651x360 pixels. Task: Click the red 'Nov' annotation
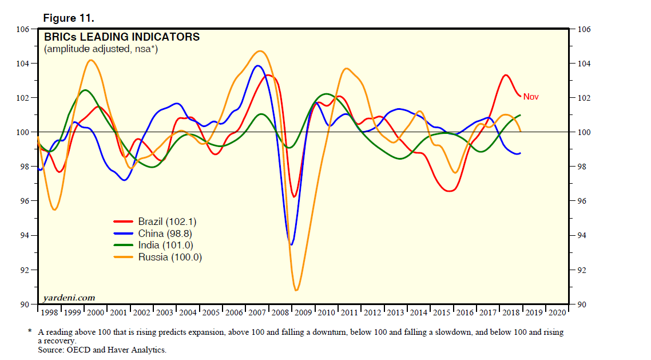pyautogui.click(x=531, y=97)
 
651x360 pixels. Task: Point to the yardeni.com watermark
pyautogui.click(x=69, y=298)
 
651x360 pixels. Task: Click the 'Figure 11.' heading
pyautogui.click(x=69, y=18)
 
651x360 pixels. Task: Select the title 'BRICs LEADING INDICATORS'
pyautogui.click(x=122, y=37)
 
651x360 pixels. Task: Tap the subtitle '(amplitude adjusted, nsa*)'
pyautogui.click(x=101, y=49)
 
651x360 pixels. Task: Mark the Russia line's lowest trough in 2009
pyautogui.click(x=296, y=290)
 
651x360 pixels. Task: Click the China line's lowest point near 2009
pyautogui.click(x=291, y=245)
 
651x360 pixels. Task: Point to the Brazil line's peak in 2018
pyautogui.click(x=506, y=75)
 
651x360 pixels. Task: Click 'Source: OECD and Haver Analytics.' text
pyautogui.click(x=102, y=349)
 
